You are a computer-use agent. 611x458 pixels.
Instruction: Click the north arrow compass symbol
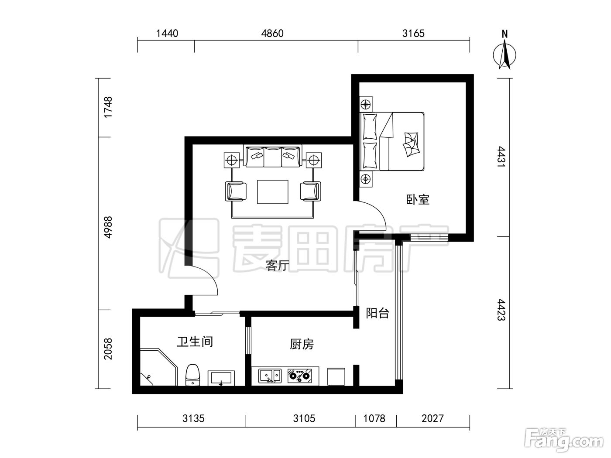click(x=504, y=55)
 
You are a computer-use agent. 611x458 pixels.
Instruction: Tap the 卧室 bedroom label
click(x=418, y=200)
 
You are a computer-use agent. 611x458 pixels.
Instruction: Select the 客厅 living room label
click(x=277, y=265)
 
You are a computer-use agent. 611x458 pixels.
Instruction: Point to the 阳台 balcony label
click(x=377, y=313)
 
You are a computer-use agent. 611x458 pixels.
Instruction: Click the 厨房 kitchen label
click(x=302, y=344)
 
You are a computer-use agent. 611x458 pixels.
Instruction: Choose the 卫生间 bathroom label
click(x=195, y=342)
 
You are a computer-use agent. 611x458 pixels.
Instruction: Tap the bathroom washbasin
click(x=221, y=378)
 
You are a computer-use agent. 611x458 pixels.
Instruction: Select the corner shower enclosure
click(x=158, y=367)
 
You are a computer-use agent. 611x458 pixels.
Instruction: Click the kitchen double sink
click(x=269, y=376)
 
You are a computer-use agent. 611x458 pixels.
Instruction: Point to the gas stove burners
click(x=299, y=376)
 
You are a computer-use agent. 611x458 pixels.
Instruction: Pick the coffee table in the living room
click(x=272, y=192)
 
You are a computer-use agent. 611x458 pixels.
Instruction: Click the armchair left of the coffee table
click(x=236, y=191)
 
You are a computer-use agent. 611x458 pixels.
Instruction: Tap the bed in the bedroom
click(x=392, y=141)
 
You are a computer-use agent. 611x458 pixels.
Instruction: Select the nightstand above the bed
click(x=366, y=105)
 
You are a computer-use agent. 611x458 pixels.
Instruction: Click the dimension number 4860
click(x=272, y=34)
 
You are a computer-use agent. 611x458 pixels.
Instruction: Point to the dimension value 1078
click(x=374, y=418)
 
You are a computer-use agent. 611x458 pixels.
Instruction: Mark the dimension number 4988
click(x=108, y=227)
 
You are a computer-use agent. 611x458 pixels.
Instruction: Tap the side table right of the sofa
click(x=314, y=160)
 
